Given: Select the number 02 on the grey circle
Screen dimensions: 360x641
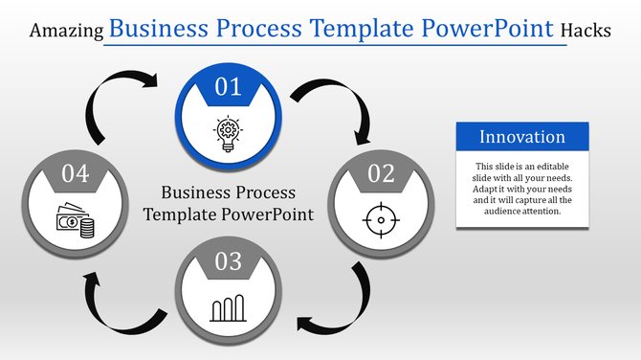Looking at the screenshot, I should pyautogui.click(x=380, y=173).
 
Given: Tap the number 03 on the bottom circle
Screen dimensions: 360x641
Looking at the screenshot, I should pyautogui.click(x=228, y=261).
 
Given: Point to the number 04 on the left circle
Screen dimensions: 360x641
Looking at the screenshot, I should pyautogui.click(x=75, y=173).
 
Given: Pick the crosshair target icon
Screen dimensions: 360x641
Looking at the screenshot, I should pyautogui.click(x=380, y=219).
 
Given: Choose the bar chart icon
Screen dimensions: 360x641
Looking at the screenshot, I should pyautogui.click(x=228, y=308).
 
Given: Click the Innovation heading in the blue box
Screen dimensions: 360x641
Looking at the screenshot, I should pyautogui.click(x=522, y=137).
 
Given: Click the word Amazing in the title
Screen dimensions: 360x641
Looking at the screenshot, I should pyautogui.click(x=67, y=31).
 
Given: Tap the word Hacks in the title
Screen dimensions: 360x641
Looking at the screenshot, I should pyautogui.click(x=586, y=31).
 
